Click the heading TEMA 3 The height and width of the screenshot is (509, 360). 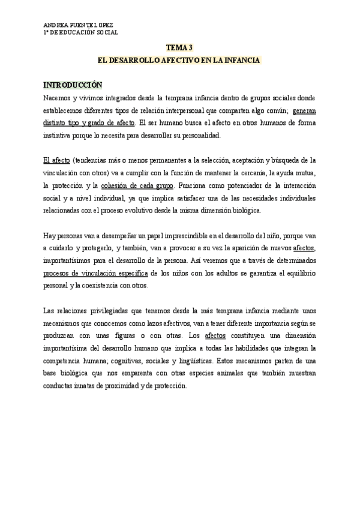[x=179, y=47]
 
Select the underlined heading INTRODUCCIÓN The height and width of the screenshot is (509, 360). [x=73, y=85]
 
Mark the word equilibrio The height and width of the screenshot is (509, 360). [x=303, y=273]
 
